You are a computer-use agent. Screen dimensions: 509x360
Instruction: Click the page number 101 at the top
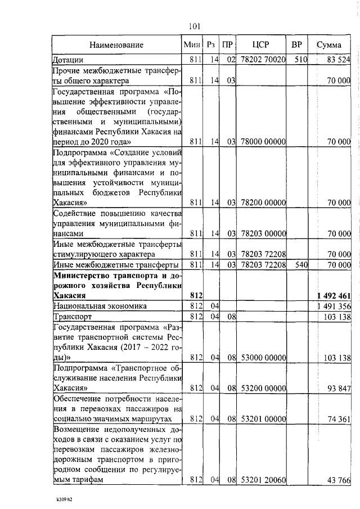(195, 26)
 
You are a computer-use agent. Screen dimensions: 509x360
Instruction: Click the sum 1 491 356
(335, 306)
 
